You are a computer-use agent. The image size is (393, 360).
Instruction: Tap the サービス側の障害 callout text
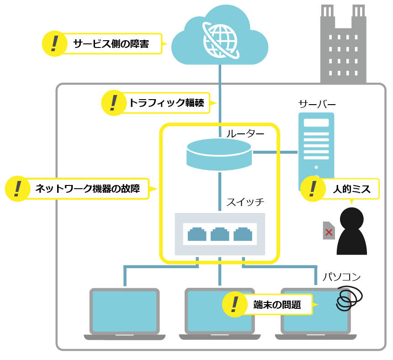111,44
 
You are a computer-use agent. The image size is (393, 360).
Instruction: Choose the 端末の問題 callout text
277,305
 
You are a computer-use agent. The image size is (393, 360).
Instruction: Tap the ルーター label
245,134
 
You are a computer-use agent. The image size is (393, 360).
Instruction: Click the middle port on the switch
220,234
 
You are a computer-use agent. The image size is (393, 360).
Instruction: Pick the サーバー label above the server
317,104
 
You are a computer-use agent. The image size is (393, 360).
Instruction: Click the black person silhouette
352,231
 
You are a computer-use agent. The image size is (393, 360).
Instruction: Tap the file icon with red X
329,231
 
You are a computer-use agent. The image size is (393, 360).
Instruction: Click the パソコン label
342,276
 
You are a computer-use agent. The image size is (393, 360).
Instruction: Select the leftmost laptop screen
124,311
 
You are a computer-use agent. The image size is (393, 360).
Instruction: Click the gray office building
343,46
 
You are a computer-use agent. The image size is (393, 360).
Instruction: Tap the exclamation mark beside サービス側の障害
55,43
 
